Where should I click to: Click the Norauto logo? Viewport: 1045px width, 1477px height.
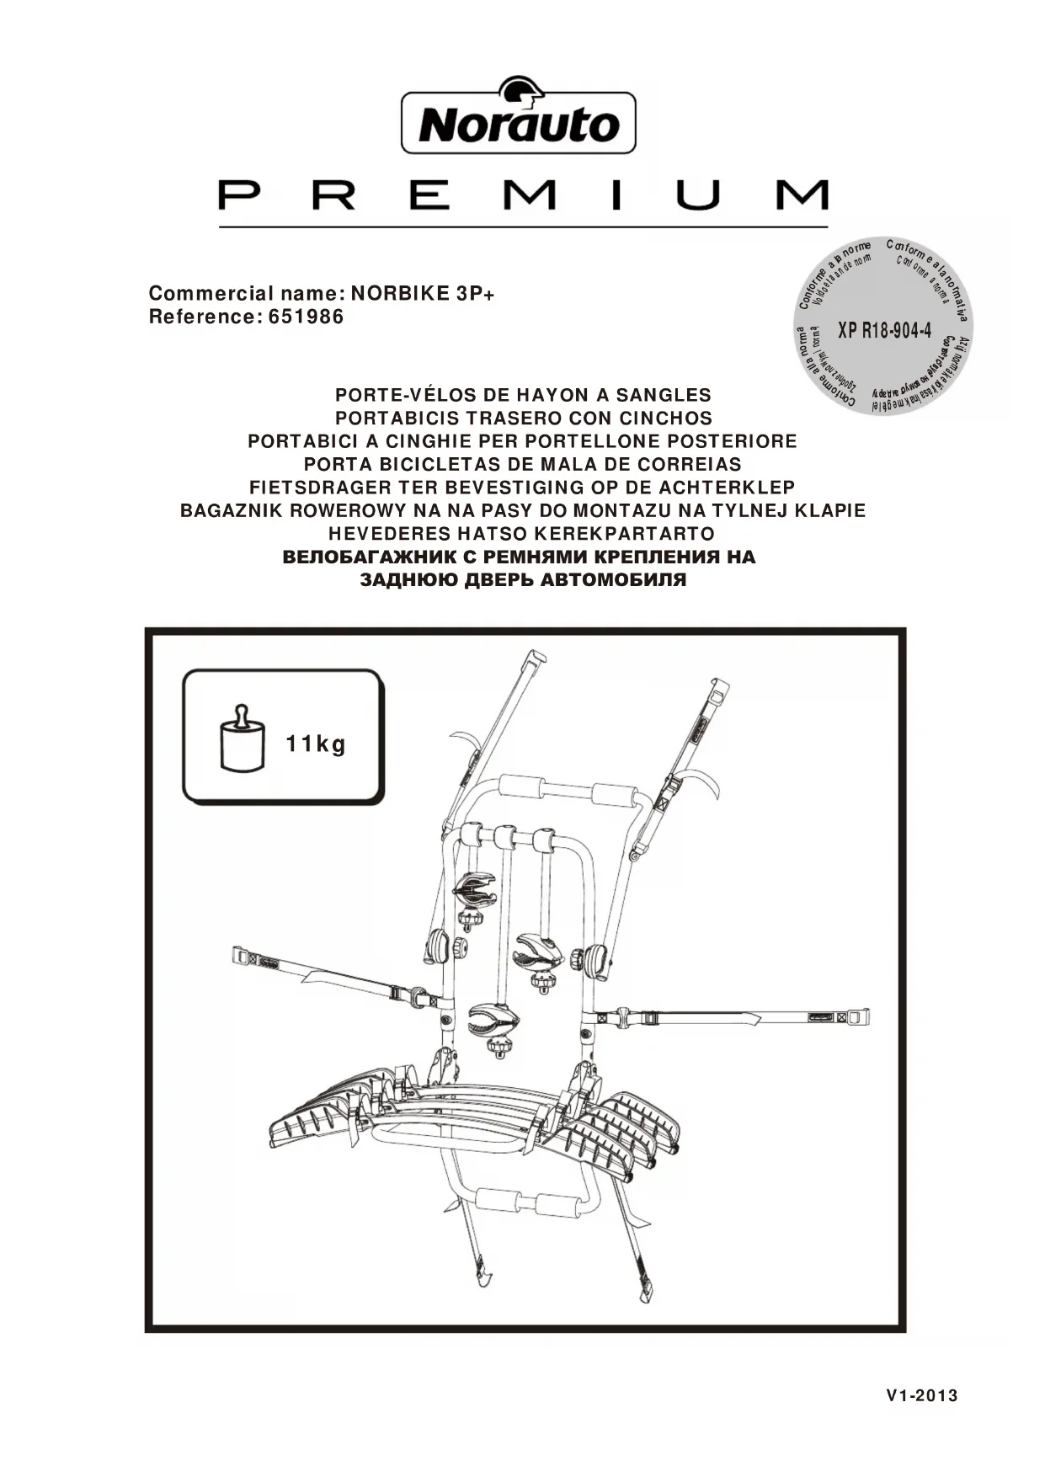tap(518, 121)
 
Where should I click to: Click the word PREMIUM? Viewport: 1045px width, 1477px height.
tap(523, 195)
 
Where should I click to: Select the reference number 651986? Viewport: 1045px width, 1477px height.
tap(306, 317)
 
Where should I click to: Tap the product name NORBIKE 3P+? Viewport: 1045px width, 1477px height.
tap(423, 294)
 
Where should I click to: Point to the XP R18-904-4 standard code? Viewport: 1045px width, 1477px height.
tap(884, 329)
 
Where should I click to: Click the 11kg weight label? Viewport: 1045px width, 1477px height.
tap(316, 744)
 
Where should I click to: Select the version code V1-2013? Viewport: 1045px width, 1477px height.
tap(922, 1395)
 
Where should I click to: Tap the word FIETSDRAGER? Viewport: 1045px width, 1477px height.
tap(321, 488)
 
